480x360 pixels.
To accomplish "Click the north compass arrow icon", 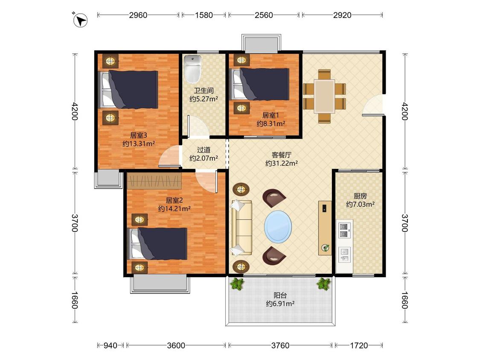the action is pos(80,20).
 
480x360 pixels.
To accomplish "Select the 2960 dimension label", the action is pos(138,15).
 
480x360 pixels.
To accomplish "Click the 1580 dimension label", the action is pos(204,15).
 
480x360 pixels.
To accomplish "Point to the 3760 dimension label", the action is pos(280,345).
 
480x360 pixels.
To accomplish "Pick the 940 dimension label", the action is pos(110,345).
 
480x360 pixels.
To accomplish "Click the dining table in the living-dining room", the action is pos(325,96).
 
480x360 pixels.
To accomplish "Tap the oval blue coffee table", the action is pos(278,227).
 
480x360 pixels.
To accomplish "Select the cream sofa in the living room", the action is pos(241,227).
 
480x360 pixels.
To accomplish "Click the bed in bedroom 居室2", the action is pos(157,244).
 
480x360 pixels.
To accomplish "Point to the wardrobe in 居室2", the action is pos(154,181).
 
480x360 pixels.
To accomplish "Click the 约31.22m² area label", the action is pos(282,163).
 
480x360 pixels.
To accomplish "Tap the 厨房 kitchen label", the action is pos(360,196).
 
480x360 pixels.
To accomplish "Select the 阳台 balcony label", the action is pos(280,296).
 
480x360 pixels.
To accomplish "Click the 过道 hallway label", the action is pos(204,150).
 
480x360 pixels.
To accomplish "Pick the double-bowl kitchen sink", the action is pos(344,230).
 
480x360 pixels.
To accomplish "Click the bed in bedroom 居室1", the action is pos(259,84).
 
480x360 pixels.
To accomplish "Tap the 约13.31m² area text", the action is pos(138,144).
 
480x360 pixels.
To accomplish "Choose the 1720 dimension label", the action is pos(359,345).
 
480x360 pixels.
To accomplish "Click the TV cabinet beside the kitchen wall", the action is pos(325,228).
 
